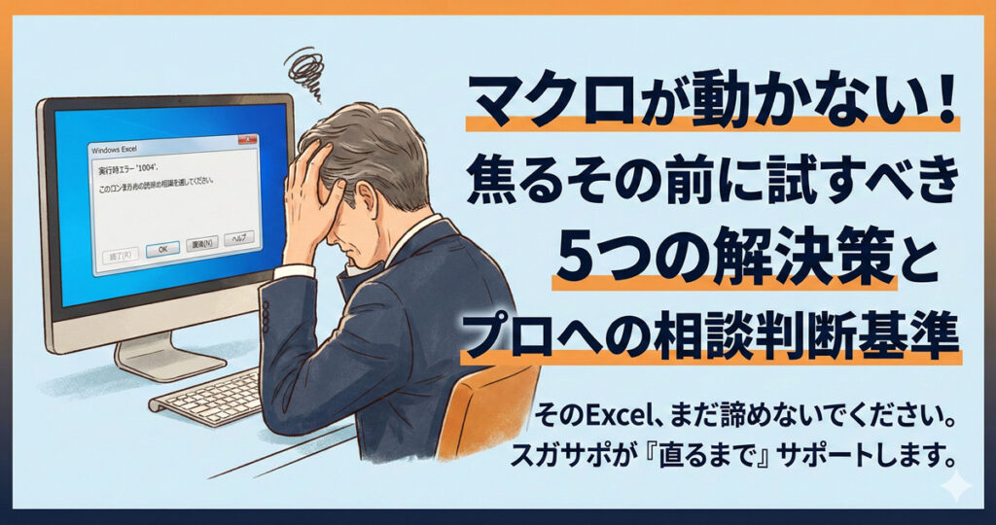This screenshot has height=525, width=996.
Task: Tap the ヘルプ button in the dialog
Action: coord(238,238)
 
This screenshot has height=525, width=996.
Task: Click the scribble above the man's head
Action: coord(306,72)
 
